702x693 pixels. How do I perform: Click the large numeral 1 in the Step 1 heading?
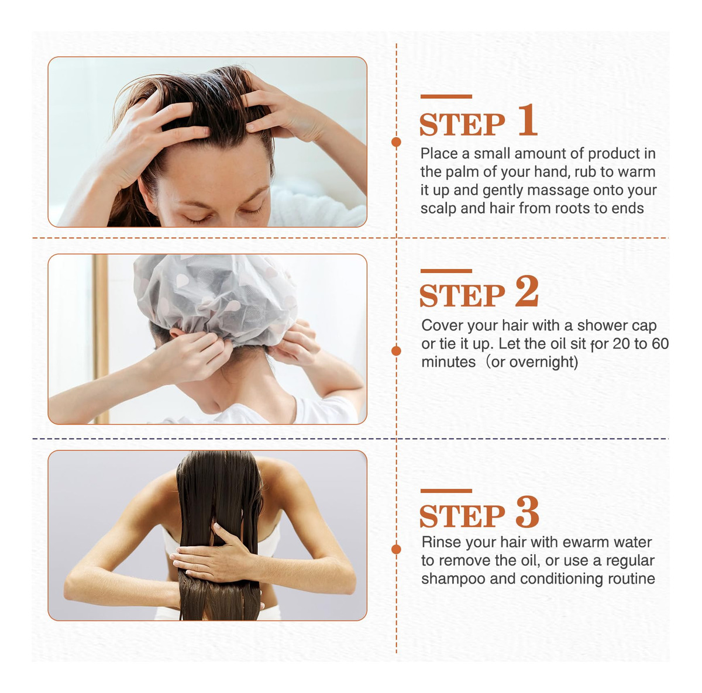528,120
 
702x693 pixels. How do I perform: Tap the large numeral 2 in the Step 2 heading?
526,291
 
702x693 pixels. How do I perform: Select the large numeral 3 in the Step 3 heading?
528,512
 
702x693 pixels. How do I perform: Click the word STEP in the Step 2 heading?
462,295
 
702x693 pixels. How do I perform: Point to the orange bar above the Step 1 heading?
446,96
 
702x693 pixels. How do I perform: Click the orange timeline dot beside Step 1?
396,142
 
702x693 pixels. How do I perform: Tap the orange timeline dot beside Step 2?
396,351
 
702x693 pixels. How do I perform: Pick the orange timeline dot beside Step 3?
396,549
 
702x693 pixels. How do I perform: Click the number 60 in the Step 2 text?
659,344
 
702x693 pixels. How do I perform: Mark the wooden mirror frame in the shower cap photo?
100,339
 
